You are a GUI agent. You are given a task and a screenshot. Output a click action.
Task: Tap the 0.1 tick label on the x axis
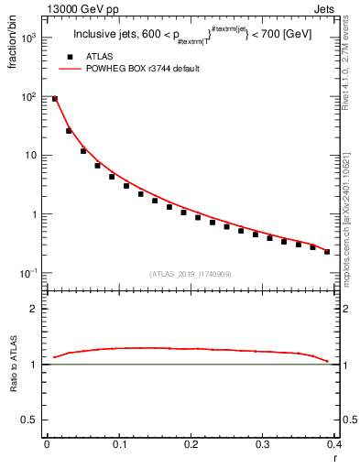click(x=118, y=444)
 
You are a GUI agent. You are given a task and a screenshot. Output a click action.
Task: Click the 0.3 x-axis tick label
click(x=262, y=444)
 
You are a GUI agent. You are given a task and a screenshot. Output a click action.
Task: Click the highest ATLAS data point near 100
click(x=55, y=98)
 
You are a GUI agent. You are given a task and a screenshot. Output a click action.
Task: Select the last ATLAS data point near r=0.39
click(x=327, y=251)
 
